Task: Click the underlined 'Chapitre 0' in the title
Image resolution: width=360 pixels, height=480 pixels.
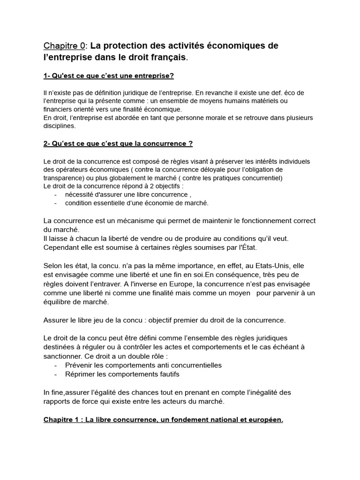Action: [64, 46]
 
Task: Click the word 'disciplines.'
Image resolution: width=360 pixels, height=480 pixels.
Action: [59, 126]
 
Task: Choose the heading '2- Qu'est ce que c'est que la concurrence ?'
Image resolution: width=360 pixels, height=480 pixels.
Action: [118, 143]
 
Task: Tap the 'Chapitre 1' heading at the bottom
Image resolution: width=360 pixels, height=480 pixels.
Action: [163, 420]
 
